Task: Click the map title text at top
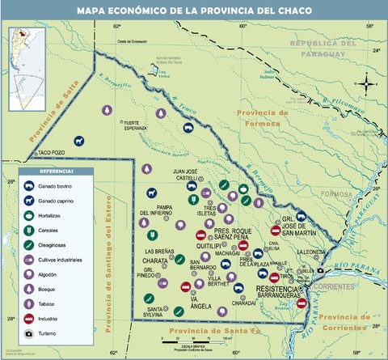click(x=194, y=11)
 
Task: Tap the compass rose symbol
click(x=367, y=83)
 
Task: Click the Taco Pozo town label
click(x=51, y=151)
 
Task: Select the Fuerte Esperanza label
click(x=133, y=125)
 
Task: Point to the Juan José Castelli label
click(x=191, y=175)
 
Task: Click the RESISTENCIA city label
click(x=276, y=289)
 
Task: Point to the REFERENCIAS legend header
click(x=57, y=172)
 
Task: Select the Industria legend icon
click(x=28, y=318)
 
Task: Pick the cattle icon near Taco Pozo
click(x=79, y=141)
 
